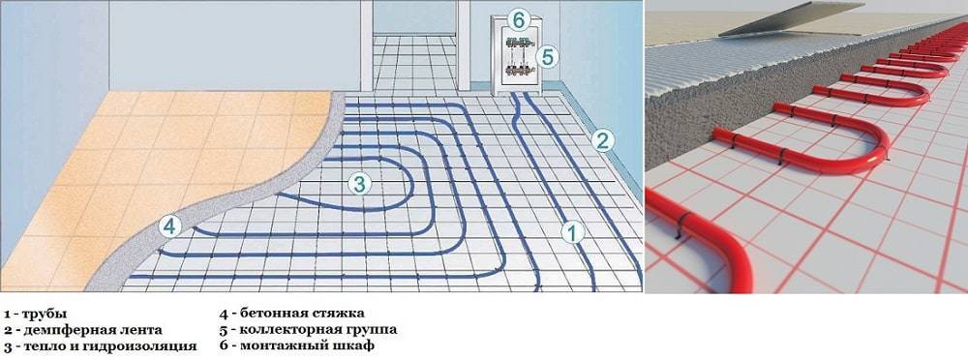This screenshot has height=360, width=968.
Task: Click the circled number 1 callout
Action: [572, 233]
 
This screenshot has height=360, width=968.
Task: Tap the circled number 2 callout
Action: [602, 140]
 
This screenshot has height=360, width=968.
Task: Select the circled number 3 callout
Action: [359, 183]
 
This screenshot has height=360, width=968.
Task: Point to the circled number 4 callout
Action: [169, 226]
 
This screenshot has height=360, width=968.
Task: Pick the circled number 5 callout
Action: [546, 57]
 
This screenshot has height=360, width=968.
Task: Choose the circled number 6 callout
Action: [519, 19]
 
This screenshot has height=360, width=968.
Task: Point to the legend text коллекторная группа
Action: [318, 329]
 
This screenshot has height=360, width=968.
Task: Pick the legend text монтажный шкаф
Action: [306, 345]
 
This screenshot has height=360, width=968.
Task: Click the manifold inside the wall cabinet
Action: [518, 57]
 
